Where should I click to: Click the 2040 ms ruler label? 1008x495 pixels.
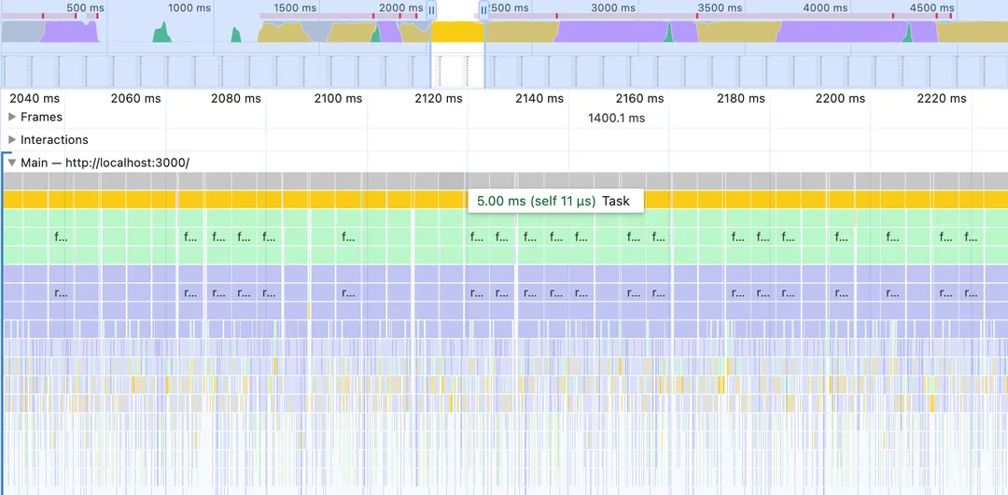point(35,98)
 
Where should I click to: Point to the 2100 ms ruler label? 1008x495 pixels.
point(338,98)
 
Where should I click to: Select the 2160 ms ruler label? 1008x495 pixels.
point(640,98)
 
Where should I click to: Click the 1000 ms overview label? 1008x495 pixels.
point(189,8)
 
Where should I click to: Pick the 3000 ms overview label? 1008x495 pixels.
point(613,8)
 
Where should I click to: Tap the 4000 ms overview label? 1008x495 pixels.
point(825,8)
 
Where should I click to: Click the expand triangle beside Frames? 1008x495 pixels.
point(12,117)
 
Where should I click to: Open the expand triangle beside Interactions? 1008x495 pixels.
point(12,140)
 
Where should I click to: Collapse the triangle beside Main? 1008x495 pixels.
point(12,163)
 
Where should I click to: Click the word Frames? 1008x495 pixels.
point(41,117)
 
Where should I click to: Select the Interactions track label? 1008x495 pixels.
point(54,140)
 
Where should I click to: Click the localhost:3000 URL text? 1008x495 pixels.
point(127,163)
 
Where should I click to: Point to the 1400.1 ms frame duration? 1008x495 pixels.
point(616,118)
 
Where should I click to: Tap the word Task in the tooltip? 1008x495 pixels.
point(616,201)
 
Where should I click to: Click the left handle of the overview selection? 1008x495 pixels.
point(431,10)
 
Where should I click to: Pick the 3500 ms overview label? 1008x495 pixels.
point(720,8)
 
